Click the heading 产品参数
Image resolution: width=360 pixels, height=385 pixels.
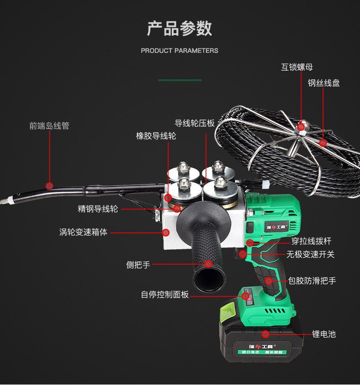pyautogui.click(x=180, y=28)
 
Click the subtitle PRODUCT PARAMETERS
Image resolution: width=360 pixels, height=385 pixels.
pyautogui.click(x=180, y=51)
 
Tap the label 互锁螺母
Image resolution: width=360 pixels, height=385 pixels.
pyautogui.click(x=297, y=67)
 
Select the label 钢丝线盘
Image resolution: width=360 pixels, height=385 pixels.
pyautogui.click(x=324, y=83)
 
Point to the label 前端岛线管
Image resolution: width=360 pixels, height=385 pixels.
pyautogui.click(x=49, y=126)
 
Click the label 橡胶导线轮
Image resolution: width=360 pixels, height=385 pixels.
pyautogui.click(x=156, y=136)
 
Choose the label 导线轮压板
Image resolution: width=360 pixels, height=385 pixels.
pyautogui.click(x=195, y=123)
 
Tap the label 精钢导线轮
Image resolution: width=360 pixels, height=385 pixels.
pyautogui.click(x=98, y=209)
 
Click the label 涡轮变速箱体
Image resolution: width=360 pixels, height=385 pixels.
pyautogui.click(x=83, y=232)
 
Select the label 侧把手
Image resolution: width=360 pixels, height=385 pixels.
pyautogui.click(x=138, y=265)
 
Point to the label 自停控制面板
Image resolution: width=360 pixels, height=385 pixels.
pyautogui.click(x=165, y=295)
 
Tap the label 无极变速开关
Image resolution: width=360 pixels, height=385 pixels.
pyautogui.click(x=310, y=254)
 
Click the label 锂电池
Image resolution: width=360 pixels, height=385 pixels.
pyautogui.click(x=324, y=334)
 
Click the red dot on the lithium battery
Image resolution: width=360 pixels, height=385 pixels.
pyautogui.click(x=265, y=334)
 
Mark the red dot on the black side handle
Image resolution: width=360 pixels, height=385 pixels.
pyautogui.click(x=208, y=264)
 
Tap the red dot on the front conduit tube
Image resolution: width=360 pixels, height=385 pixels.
pyautogui.click(x=50, y=185)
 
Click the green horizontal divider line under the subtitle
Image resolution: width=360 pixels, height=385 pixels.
pyautogui.click(x=180, y=80)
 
